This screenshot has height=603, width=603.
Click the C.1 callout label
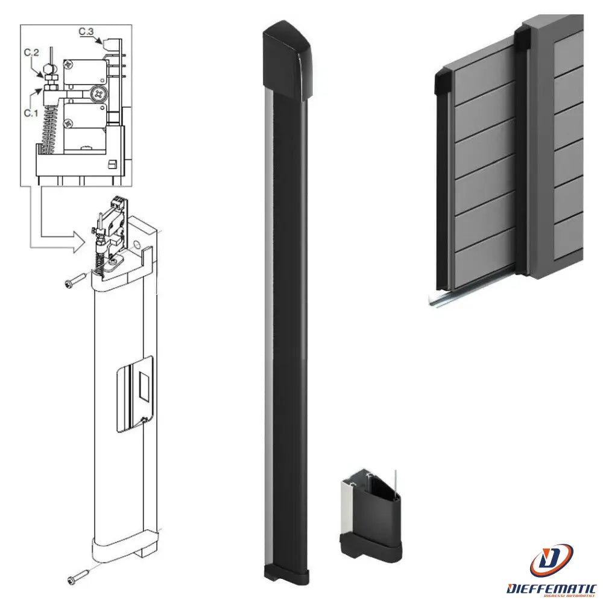pyautogui.click(x=31, y=112)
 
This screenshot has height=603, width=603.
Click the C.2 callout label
pyautogui.click(x=31, y=54)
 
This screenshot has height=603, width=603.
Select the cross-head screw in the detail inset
pyautogui.click(x=96, y=93)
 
